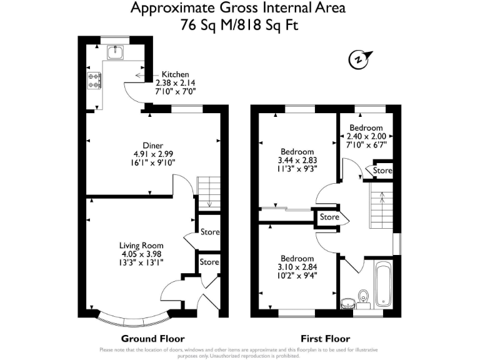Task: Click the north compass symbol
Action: click(x=357, y=59)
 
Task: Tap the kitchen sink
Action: click(x=116, y=53)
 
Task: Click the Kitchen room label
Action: click(x=175, y=74)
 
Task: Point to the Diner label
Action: click(x=153, y=146)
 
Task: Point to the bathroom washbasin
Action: click(x=348, y=303)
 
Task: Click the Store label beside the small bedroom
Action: click(x=382, y=171)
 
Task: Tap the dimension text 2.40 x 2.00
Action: click(x=367, y=137)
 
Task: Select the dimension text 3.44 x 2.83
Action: click(x=297, y=161)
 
